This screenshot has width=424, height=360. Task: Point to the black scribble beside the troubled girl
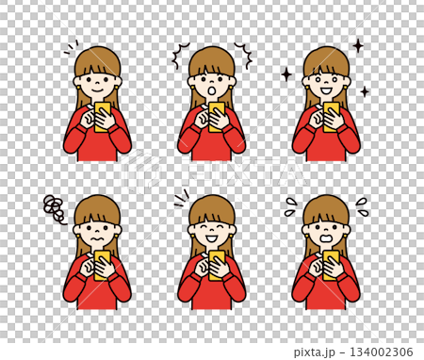(55, 207)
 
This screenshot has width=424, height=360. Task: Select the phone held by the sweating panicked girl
(329, 264)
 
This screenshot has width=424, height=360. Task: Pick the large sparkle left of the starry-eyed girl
(286, 74)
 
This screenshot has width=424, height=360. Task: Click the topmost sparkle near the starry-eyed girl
(358, 44)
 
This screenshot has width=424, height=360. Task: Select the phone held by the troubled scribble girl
(102, 265)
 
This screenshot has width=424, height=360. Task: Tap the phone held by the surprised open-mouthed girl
(217, 116)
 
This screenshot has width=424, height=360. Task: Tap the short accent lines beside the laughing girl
(180, 197)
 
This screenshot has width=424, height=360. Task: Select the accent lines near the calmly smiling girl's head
(72, 47)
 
